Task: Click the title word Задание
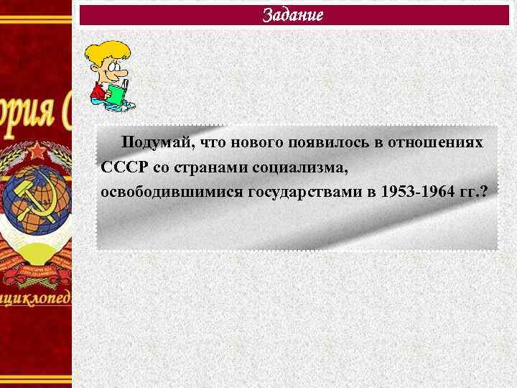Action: point(292,15)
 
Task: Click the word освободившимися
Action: point(172,193)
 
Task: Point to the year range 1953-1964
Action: point(417,193)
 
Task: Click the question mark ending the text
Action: point(483,193)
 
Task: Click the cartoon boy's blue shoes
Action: point(122,107)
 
